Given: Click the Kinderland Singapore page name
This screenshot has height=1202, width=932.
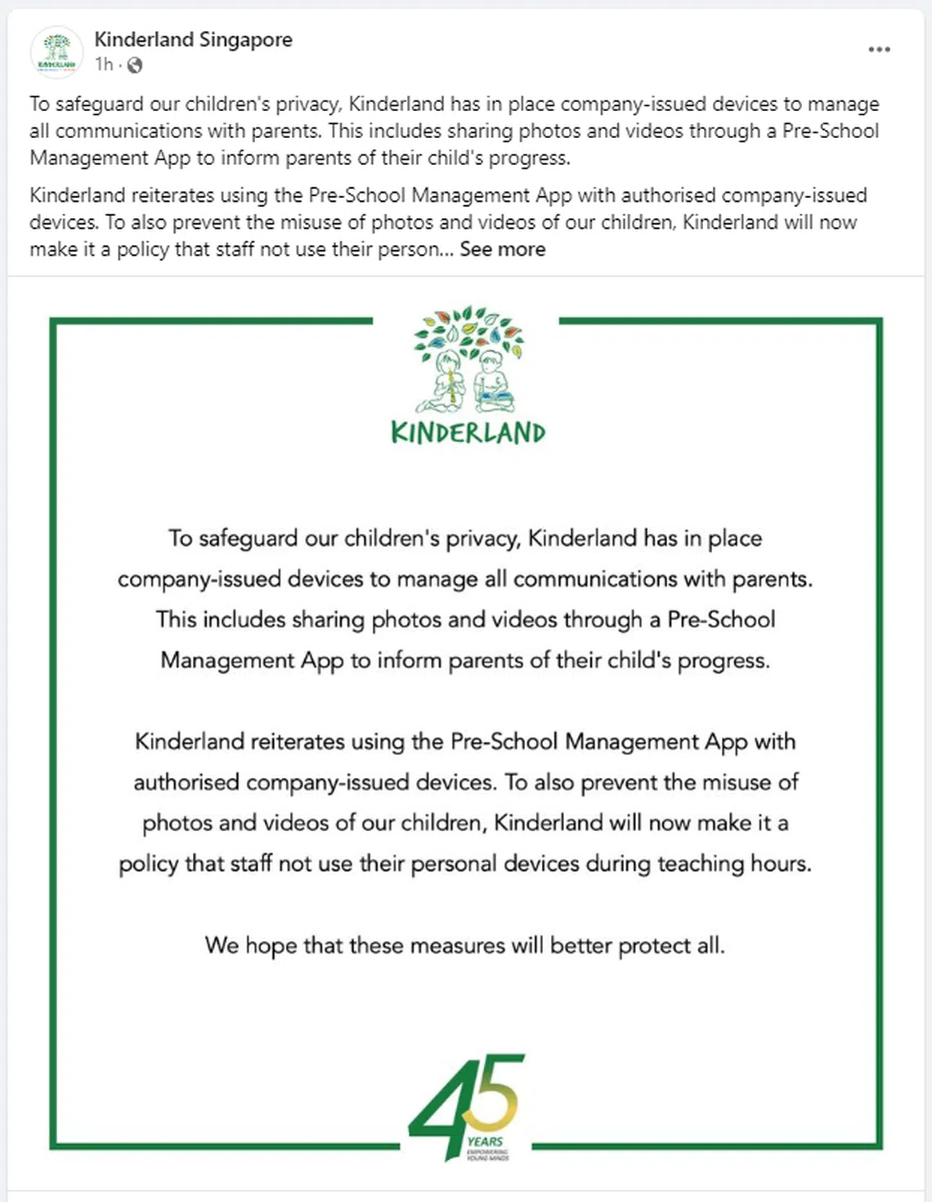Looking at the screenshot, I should [x=193, y=39].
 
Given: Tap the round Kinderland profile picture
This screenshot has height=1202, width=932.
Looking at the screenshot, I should [x=56, y=51].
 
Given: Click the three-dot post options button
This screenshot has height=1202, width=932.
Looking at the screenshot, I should [x=879, y=50].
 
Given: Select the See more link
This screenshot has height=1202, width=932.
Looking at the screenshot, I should [x=502, y=249].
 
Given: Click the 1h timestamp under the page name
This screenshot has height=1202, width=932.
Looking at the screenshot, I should [x=104, y=65].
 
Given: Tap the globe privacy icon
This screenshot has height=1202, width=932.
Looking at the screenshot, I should [x=135, y=65].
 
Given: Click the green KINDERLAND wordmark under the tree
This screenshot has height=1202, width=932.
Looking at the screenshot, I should [x=468, y=432].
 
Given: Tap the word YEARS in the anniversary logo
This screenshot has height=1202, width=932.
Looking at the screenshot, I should [x=485, y=1142].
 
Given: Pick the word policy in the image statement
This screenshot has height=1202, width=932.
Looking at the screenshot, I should [x=148, y=864].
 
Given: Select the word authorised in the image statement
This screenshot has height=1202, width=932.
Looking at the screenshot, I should [x=186, y=782].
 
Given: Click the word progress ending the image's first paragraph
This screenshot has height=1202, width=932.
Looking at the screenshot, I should [x=723, y=660].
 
